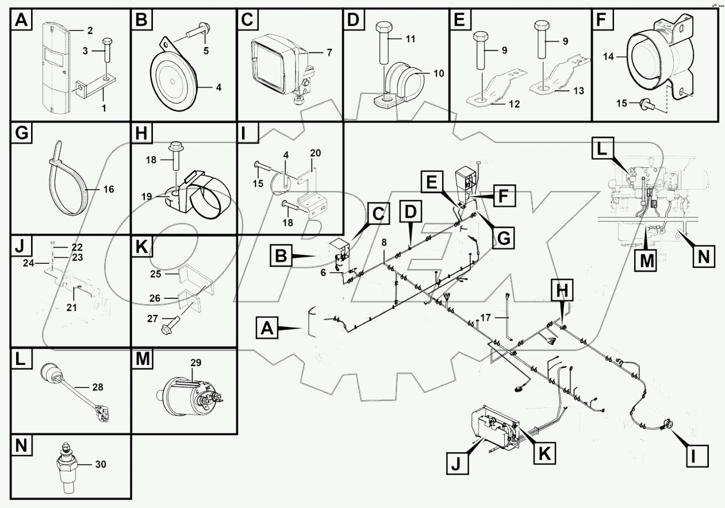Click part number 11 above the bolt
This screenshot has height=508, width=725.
pyautogui.click(x=410, y=39)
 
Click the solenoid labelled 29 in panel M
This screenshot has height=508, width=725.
pyautogui.click(x=189, y=397)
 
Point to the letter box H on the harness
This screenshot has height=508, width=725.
pyautogui.click(x=563, y=291)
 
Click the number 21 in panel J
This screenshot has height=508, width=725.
pyautogui.click(x=71, y=307)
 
